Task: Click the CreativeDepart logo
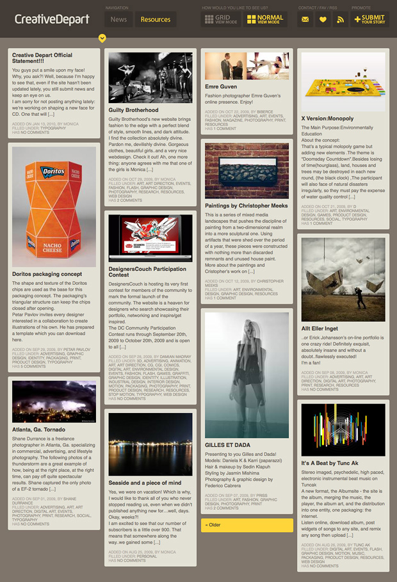[x=52, y=19]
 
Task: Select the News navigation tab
[x=118, y=19]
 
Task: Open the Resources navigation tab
[x=156, y=19]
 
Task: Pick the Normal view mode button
[x=264, y=19]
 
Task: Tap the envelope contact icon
[x=305, y=19]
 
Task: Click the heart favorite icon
[x=323, y=19]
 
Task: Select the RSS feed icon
[x=341, y=19]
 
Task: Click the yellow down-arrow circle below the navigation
[x=102, y=38]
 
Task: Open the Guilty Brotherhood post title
[x=133, y=110]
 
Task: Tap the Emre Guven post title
[x=221, y=86]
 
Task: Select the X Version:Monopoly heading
[x=327, y=118]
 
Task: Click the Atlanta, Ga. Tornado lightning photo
[x=54, y=401]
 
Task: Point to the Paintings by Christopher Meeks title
[x=247, y=206]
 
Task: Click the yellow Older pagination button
[x=247, y=525]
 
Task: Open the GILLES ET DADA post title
[x=227, y=444]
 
